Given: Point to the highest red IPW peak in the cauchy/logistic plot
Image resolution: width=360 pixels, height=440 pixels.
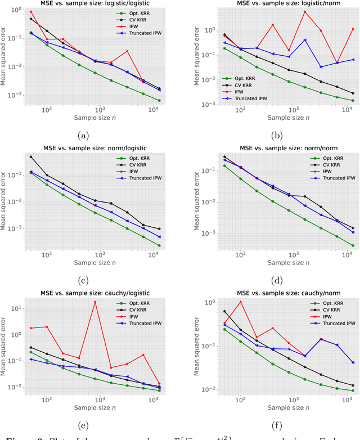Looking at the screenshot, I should [x=95, y=302].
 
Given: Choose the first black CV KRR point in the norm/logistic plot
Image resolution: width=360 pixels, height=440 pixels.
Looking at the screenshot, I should [x=30, y=157].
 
